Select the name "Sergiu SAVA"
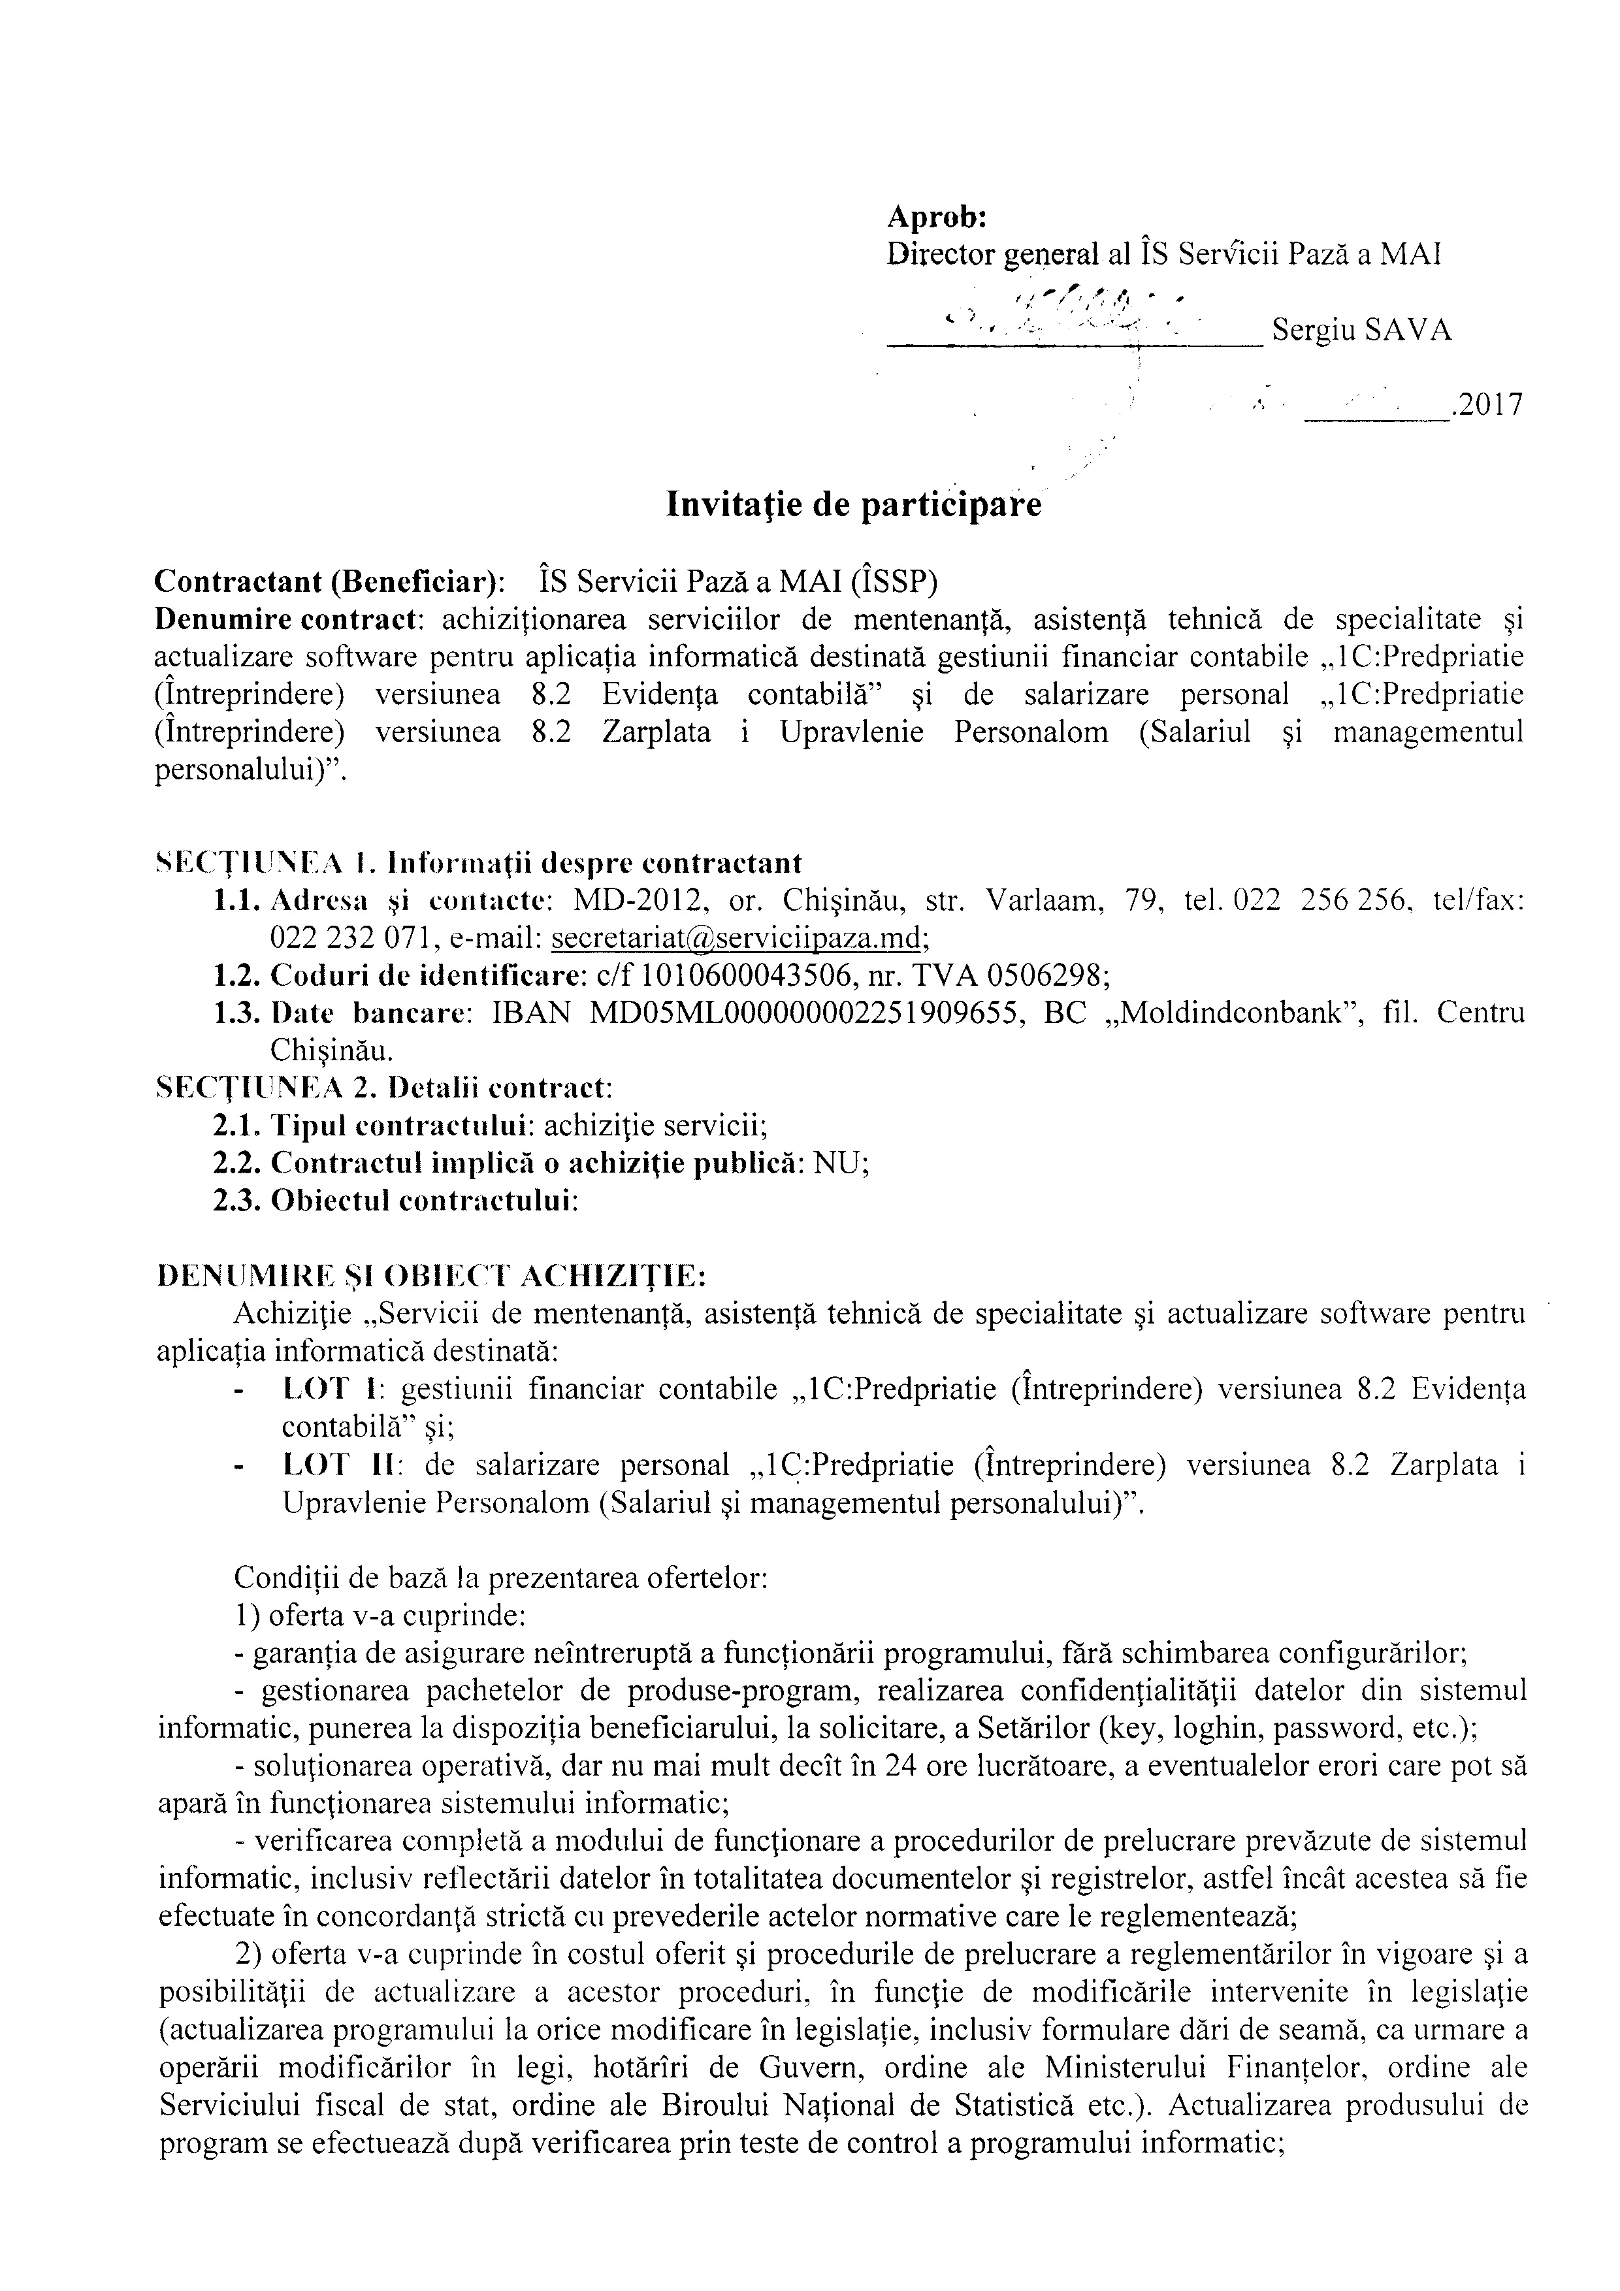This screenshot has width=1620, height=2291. tap(1361, 331)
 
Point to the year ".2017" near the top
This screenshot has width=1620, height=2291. tap(1487, 405)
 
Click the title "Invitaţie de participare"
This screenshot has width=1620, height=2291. tap(853, 505)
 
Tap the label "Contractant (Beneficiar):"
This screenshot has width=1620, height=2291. tap(328, 581)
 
